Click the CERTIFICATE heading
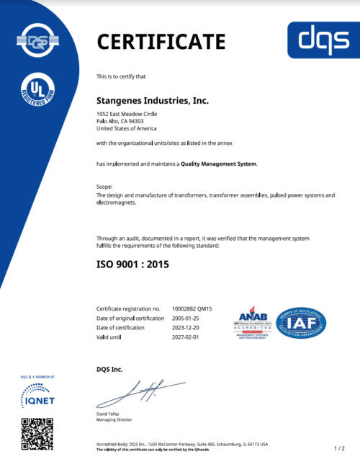pos(161,41)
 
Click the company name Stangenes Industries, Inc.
pos(153,100)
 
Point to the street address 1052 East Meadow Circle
pos(127,115)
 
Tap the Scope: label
pos(104,187)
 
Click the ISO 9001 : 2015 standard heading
pos(132,264)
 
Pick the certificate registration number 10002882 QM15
pos(195,308)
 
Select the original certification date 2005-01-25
pos(186,318)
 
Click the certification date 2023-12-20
pos(186,327)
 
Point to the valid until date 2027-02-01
pos(186,337)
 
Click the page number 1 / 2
pos(340,448)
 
